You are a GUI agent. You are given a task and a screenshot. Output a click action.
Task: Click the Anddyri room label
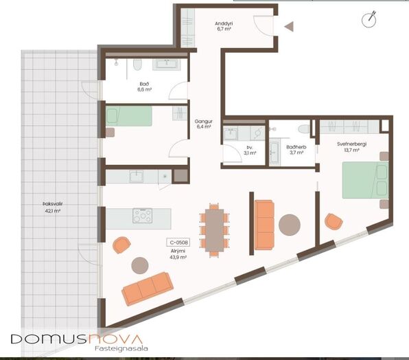click(x=224, y=24)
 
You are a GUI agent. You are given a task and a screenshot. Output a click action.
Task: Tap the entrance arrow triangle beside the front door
click(x=290, y=27)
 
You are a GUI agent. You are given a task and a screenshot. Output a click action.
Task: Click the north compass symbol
click(x=369, y=19)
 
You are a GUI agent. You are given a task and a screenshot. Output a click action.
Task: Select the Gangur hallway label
click(x=203, y=122)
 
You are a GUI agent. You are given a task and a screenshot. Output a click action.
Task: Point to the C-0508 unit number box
click(x=178, y=243)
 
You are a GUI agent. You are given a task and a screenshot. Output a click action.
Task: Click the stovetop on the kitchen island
click(x=143, y=216)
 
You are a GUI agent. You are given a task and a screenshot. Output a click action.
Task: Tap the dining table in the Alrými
click(x=214, y=230)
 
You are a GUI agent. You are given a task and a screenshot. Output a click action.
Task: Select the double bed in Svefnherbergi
click(x=365, y=180)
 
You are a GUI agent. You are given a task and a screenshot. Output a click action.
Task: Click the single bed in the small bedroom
click(x=129, y=116)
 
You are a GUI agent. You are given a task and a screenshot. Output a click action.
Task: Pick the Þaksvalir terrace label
click(x=53, y=204)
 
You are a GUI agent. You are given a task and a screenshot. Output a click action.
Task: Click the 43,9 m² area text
click(x=178, y=258)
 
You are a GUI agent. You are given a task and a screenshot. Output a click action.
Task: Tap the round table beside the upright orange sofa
click(x=290, y=225)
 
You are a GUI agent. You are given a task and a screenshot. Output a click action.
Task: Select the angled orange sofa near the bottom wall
click(x=148, y=289)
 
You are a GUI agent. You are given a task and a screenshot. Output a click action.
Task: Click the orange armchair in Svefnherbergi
click(x=334, y=221)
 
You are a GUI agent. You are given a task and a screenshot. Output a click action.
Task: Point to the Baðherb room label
click(x=296, y=147)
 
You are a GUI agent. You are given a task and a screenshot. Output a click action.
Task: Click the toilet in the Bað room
click(x=137, y=65)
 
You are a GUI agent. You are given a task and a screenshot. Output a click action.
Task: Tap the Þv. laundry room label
click(x=250, y=148)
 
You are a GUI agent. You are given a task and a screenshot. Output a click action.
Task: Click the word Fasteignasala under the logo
click(x=121, y=348)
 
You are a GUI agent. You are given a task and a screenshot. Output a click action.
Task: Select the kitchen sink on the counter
click(x=137, y=177)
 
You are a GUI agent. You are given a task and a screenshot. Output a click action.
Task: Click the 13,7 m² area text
click(x=351, y=150)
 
